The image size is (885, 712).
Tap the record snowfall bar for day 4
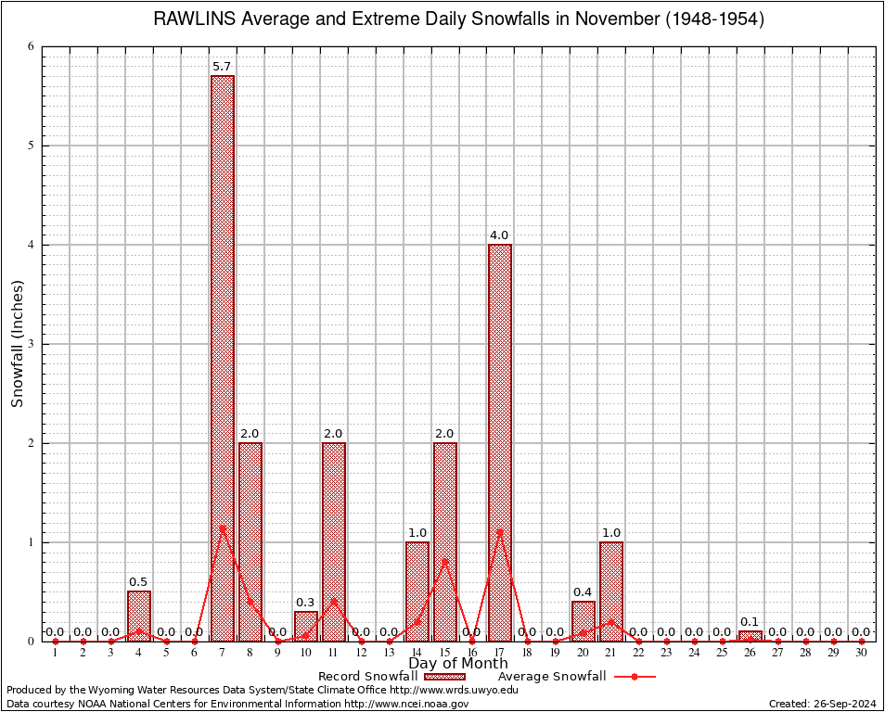point(139,616)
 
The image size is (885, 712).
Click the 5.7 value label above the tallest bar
point(223,67)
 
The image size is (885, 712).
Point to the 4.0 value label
point(500,235)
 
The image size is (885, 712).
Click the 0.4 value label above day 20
point(584,592)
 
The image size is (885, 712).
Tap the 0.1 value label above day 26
point(750,622)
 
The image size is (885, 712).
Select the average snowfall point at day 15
point(445,560)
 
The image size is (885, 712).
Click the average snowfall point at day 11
point(334,600)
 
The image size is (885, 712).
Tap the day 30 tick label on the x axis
point(862,653)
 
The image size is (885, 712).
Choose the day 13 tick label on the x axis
point(390,653)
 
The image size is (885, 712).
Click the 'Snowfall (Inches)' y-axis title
point(18,344)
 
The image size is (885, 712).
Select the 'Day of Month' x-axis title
point(458,664)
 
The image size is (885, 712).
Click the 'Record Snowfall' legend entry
point(367,677)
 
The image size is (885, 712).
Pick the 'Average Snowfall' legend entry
point(551,677)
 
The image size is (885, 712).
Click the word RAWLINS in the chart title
point(194,19)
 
